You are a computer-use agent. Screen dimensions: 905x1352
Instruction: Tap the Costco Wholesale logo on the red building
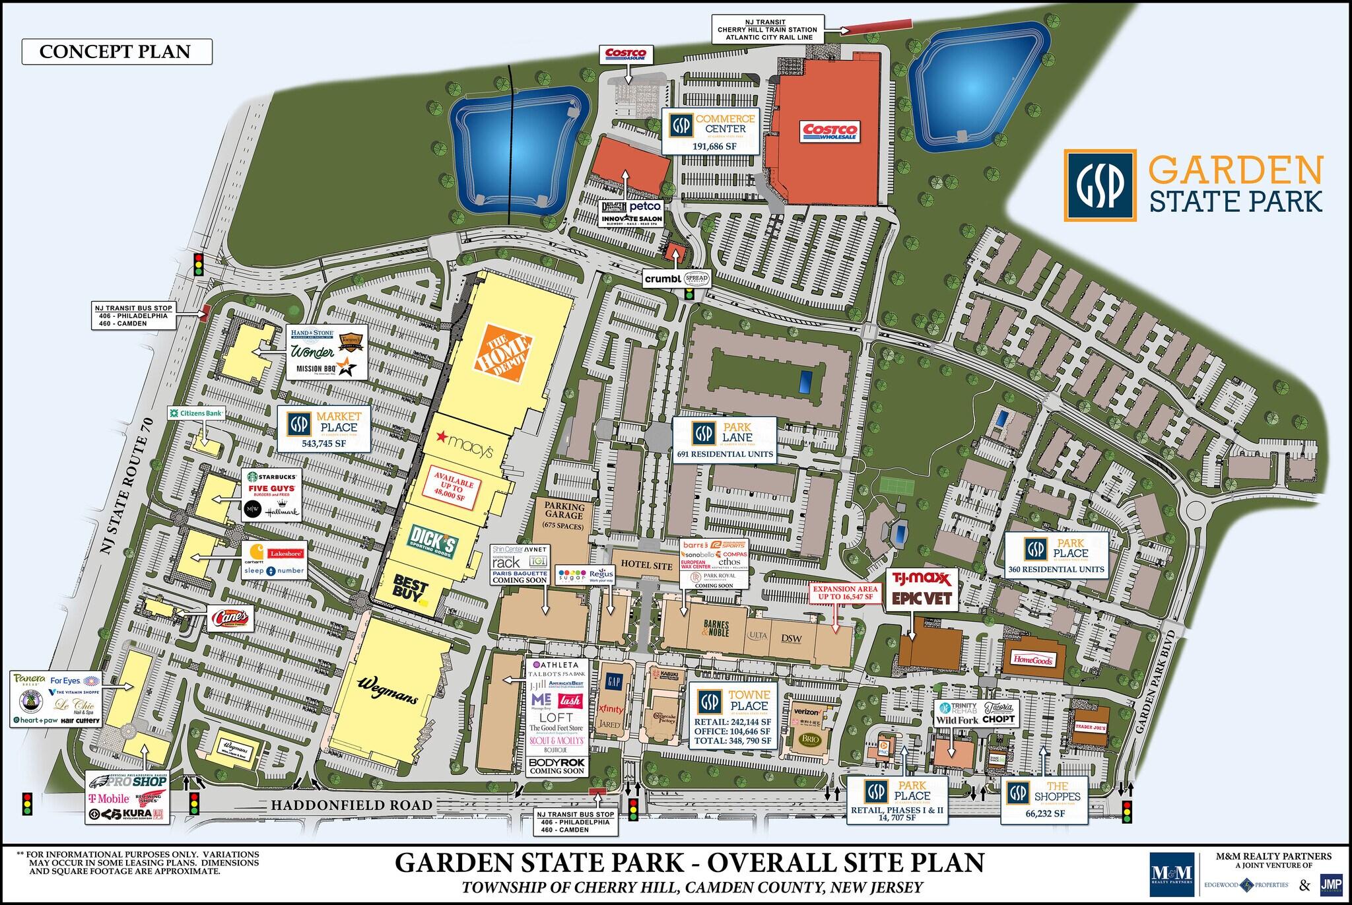tap(830, 131)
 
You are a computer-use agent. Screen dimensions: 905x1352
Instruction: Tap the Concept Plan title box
tap(117, 51)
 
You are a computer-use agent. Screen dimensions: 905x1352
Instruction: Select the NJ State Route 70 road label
tap(127, 485)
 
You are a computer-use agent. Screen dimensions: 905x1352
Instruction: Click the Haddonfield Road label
tap(351, 805)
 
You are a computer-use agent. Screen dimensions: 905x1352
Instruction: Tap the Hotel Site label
tap(646, 565)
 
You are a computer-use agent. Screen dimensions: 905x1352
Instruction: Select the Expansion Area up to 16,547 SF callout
tap(845, 592)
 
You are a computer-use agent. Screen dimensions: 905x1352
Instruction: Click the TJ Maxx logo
tap(922, 580)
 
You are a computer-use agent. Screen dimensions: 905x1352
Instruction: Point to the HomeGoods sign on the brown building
tap(1033, 659)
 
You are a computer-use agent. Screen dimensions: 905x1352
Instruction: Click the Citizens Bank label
tap(197, 413)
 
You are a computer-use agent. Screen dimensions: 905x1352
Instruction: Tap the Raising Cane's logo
tap(230, 619)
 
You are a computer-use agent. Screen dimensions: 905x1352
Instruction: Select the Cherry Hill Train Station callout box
tap(767, 30)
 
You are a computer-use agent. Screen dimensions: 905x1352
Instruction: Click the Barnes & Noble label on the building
tap(716, 628)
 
